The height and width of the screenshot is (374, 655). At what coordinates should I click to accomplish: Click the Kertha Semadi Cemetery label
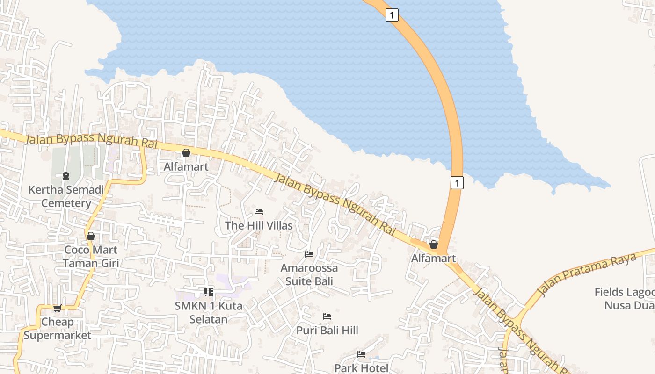click(66, 196)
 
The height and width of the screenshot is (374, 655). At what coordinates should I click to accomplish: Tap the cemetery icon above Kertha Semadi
click(66, 176)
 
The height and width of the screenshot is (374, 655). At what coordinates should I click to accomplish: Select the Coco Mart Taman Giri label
click(91, 256)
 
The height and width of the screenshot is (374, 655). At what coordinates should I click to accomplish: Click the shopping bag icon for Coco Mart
click(91, 236)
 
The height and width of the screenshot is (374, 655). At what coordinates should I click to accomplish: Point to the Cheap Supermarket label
click(57, 328)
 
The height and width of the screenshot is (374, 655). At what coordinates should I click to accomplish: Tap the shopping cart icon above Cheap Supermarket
click(57, 308)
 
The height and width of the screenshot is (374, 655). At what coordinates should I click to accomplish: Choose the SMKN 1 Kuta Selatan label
click(209, 312)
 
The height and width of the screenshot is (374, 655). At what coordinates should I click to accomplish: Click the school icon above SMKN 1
click(209, 292)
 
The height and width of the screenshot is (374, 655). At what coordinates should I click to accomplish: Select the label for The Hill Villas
click(259, 225)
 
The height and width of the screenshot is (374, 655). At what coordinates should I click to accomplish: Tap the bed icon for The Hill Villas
click(259, 212)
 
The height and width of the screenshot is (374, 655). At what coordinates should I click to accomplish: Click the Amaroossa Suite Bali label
click(309, 274)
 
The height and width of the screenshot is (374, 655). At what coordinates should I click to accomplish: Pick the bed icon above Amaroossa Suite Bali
click(309, 254)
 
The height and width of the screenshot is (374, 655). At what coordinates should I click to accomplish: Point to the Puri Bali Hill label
click(327, 330)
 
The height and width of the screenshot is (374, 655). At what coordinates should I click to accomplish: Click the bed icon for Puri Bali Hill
click(327, 316)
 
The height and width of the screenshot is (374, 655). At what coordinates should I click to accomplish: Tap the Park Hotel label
click(361, 368)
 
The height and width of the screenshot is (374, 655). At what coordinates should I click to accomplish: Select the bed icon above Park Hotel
click(361, 354)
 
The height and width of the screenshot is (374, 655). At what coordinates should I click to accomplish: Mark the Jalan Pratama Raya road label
click(587, 275)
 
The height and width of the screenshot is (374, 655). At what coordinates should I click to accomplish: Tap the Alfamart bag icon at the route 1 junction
click(434, 245)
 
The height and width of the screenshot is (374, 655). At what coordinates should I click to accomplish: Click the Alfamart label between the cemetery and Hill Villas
click(186, 166)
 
